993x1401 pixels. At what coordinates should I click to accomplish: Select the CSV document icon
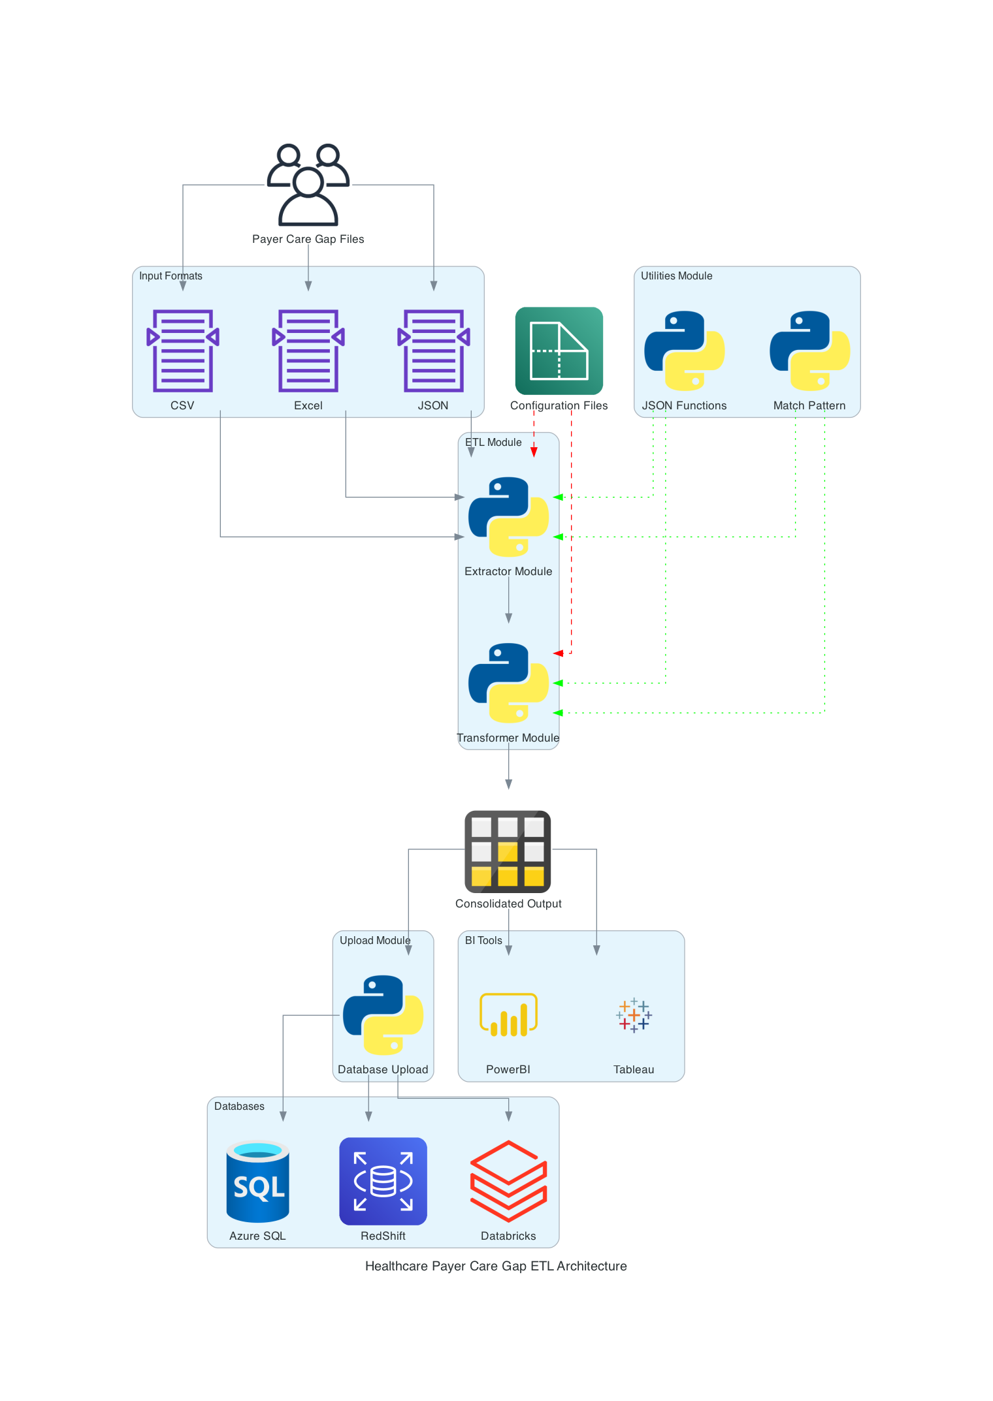(183, 351)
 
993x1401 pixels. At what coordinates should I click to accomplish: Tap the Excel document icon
(308, 351)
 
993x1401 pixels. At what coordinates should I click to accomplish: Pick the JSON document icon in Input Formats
(434, 351)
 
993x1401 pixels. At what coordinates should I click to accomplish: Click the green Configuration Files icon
(559, 351)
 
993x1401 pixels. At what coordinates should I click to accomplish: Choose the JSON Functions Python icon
(684, 351)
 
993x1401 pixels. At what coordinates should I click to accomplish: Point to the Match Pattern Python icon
(809, 351)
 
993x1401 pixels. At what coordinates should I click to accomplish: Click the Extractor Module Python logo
(508, 517)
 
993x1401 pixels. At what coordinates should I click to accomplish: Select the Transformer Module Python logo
(508, 683)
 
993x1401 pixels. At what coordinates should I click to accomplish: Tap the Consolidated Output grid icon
(508, 851)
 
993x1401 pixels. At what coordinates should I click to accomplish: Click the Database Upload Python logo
(383, 1015)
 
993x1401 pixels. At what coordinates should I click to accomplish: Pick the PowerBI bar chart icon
(508, 1015)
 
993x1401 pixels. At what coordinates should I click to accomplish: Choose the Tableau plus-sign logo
(634, 1015)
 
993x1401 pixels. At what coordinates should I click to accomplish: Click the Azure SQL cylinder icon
(257, 1181)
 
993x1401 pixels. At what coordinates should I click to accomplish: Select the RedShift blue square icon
(383, 1181)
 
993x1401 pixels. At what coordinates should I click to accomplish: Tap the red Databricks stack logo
(508, 1181)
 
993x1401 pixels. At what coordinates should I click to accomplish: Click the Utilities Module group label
(676, 276)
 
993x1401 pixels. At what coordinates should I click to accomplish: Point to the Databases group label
(239, 1107)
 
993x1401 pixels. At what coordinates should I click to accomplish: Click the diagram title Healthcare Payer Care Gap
(496, 1267)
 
